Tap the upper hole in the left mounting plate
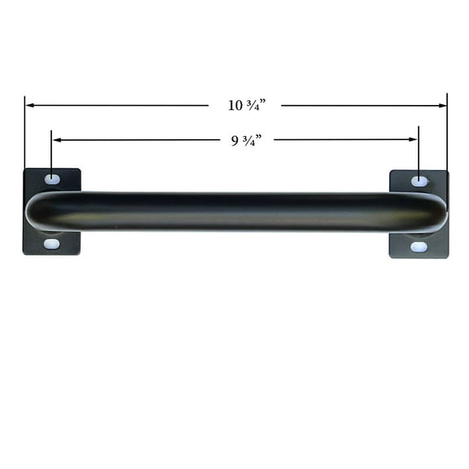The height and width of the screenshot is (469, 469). click(52, 179)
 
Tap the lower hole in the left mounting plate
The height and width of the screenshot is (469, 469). click(51, 243)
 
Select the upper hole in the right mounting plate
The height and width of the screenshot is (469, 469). click(419, 181)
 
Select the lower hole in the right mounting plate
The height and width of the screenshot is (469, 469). click(419, 246)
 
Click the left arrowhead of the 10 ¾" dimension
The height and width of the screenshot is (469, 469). click(30, 105)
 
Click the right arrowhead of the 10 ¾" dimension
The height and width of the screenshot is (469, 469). click(442, 105)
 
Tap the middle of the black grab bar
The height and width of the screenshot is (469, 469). click(236, 212)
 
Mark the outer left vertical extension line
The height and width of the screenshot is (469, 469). click(24, 134)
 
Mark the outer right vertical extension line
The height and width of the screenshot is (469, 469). click(447, 134)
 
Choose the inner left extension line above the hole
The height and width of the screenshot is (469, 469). click(51, 155)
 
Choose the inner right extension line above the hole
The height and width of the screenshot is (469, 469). click(419, 155)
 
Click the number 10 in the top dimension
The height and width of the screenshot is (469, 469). click(234, 105)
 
